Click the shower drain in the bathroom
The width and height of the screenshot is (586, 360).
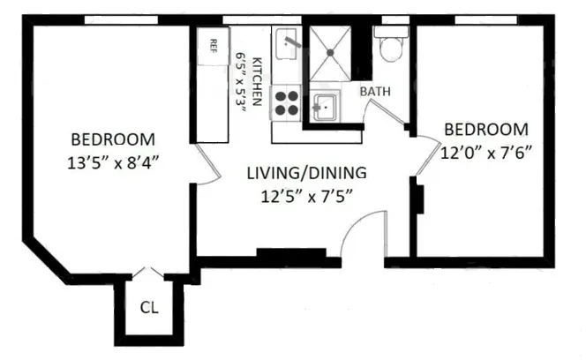point(332,53)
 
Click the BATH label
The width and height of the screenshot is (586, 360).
point(376,91)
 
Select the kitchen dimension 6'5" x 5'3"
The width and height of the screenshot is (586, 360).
point(241,80)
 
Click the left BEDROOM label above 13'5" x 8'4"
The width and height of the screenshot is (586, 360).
point(113,139)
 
